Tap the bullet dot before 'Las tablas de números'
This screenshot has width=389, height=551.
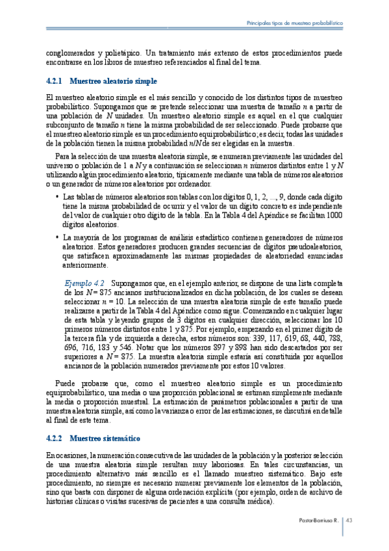(x=57, y=196)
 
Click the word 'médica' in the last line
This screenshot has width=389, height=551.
(x=258, y=502)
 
